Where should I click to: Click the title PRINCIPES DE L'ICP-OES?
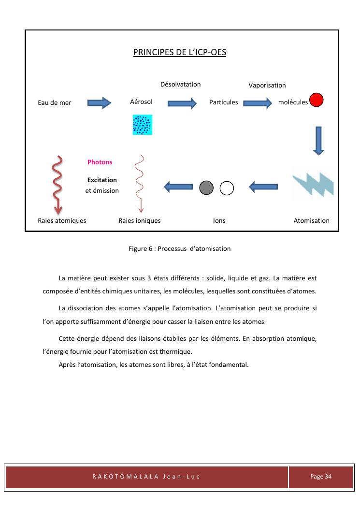[x=180, y=52]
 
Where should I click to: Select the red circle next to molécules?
[x=317, y=100]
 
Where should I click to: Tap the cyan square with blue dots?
[x=143, y=125]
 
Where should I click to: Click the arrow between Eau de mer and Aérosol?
[x=100, y=102]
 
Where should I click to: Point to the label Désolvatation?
[x=180, y=84]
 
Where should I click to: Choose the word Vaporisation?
[x=267, y=85]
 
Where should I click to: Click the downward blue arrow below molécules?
[x=318, y=140]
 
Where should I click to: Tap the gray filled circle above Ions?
[x=206, y=188]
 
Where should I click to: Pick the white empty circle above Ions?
[x=227, y=188]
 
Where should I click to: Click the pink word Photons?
[x=100, y=162]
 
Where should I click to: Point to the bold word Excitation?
[x=102, y=180]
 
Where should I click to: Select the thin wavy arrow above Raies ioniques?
[x=141, y=184]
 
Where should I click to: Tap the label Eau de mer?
[x=55, y=102]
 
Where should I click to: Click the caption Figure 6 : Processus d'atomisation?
[x=180, y=248]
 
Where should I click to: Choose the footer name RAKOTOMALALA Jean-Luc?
[x=146, y=477]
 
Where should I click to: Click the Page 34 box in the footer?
[x=321, y=477]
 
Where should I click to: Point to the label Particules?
[x=223, y=102]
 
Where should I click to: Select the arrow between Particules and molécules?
[x=258, y=102]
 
